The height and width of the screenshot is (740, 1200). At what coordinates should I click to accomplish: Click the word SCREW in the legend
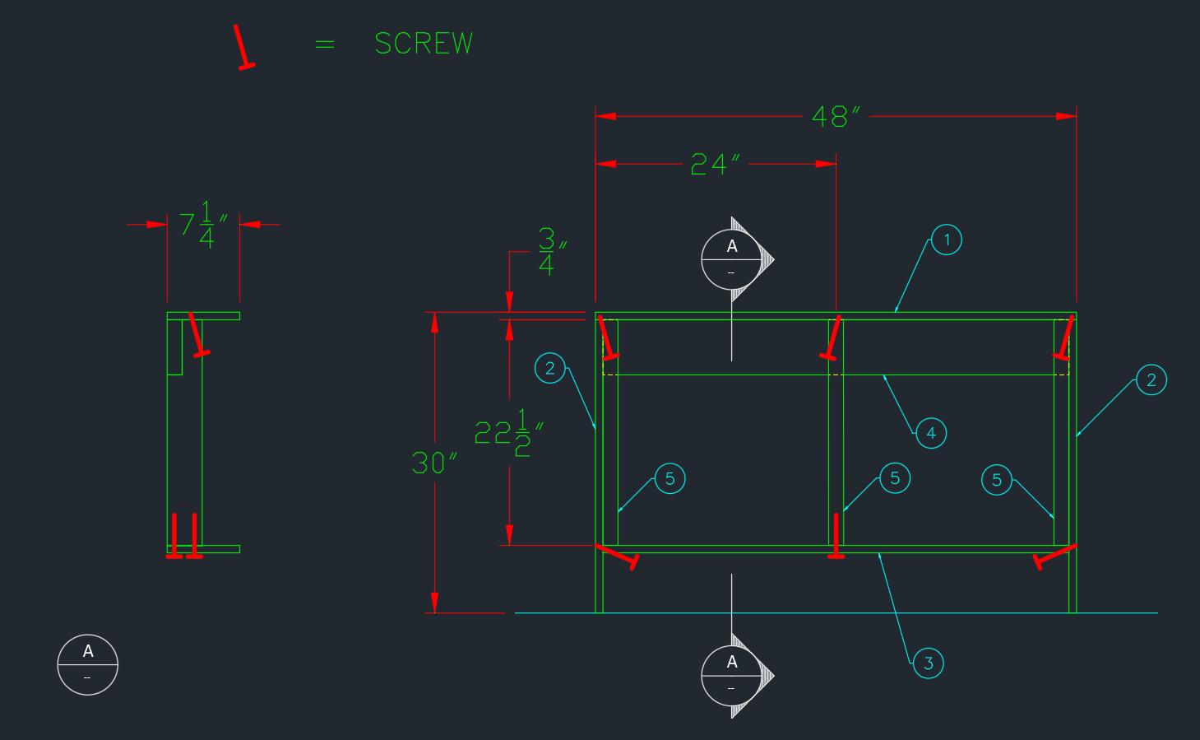coord(424,44)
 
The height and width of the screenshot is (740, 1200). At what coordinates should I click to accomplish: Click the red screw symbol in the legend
coord(243,48)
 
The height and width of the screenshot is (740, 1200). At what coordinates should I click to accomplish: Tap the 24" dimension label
coord(716,165)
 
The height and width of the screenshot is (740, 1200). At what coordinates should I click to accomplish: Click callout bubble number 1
coord(947,240)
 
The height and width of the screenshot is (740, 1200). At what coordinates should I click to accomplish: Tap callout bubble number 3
coord(929,663)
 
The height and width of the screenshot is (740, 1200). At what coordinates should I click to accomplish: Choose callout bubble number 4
coord(931,433)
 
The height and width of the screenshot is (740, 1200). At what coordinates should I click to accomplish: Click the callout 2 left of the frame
coord(550,368)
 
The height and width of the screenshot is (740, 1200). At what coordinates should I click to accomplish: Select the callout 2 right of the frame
coord(1151,379)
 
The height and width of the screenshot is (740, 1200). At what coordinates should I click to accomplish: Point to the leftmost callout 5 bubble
coord(669,478)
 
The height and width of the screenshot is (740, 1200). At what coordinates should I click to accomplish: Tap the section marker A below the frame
coord(732,675)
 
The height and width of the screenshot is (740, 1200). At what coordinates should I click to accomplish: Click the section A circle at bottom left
coord(88,664)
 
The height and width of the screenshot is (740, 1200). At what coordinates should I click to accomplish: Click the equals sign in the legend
coord(325,44)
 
